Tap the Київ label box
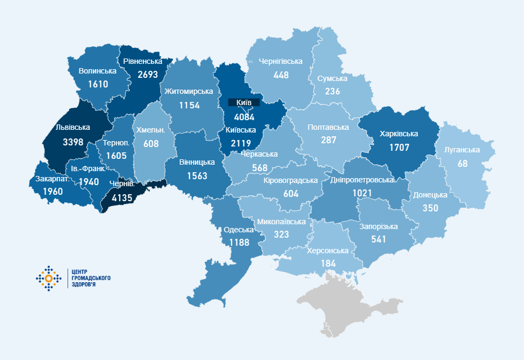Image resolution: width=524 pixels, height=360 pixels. [243, 102]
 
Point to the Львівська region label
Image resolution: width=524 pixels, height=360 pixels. [72, 128]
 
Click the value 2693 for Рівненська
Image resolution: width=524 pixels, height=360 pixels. [147, 74]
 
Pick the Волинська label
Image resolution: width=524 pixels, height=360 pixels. [98, 71]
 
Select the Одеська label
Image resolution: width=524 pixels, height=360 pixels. [239, 230]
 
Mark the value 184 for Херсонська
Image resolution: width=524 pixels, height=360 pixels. [328, 263]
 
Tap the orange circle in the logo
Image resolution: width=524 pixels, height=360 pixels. [49, 278]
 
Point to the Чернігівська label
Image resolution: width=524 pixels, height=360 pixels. [281, 62]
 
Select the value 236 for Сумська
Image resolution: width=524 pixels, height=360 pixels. [332, 91]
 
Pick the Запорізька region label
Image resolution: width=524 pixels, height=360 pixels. [379, 226]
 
